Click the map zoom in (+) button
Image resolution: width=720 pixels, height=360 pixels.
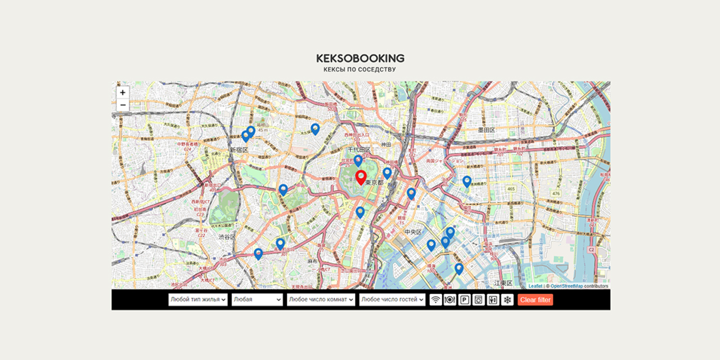coord(123,92)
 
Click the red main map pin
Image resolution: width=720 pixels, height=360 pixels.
coord(361,178)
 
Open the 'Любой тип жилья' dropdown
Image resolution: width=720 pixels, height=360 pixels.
coord(198,300)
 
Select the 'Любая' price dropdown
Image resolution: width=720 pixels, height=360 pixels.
coord(257,300)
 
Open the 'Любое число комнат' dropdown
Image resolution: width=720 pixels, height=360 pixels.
coord(321,300)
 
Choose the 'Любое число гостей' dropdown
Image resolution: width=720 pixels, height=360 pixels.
coord(393,300)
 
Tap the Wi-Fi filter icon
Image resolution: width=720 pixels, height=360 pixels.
coord(436,300)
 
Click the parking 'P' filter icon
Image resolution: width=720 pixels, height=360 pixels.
coord(465,300)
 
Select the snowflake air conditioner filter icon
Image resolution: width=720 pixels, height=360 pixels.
coord(507,300)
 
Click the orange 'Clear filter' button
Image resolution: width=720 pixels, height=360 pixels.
coord(535,300)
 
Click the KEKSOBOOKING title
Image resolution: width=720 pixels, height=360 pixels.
coord(360,58)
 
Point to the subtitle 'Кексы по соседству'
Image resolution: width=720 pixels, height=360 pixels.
coord(360,70)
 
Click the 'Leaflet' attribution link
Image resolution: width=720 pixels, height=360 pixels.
coord(535,286)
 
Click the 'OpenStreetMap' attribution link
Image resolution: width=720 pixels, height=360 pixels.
coord(566,286)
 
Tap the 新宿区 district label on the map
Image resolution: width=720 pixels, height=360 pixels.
coord(238,150)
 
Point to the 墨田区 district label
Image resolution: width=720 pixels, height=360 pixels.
coord(486,130)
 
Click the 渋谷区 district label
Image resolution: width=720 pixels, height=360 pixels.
coord(227,237)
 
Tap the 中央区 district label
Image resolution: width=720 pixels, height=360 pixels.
coord(413,232)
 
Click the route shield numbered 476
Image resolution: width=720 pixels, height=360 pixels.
coord(556,193)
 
